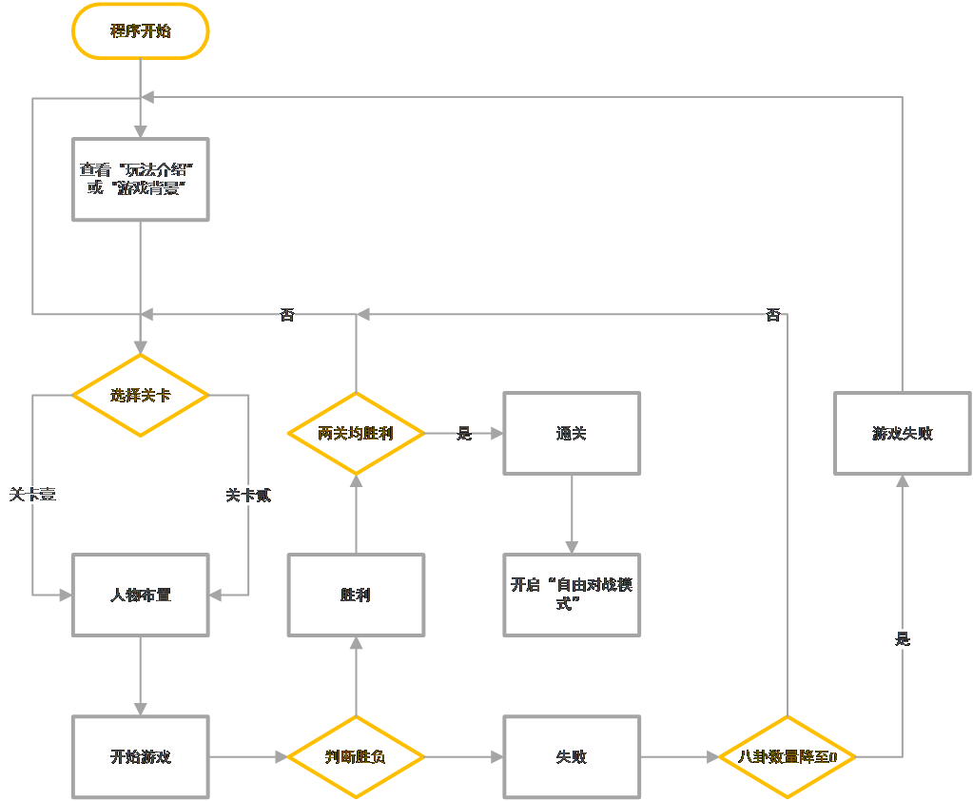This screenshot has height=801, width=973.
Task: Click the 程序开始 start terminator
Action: click(141, 31)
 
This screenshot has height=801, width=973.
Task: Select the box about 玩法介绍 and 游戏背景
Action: click(141, 179)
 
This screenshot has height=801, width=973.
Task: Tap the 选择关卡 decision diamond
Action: click(141, 395)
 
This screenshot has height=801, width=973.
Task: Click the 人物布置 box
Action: click(141, 596)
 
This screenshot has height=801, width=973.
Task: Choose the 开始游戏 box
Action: click(141, 757)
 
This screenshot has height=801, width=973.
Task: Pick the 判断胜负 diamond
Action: click(356, 757)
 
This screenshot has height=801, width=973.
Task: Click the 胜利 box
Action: click(356, 596)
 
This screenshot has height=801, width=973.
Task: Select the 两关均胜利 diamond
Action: click(356, 434)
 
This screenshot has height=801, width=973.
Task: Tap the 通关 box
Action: click(572, 434)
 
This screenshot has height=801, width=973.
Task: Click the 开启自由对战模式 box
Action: click(572, 595)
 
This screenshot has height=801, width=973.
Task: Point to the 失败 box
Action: click(572, 757)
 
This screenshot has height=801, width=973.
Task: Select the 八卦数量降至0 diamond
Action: click(788, 757)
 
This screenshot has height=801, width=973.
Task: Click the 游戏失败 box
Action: click(902, 434)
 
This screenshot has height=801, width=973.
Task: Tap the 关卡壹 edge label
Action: click(33, 496)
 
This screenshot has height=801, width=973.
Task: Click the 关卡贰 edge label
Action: click(248, 496)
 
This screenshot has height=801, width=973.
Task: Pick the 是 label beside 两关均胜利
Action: click(464, 434)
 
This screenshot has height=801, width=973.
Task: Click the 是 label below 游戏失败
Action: click(902, 639)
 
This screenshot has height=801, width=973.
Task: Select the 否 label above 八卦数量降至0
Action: click(772, 315)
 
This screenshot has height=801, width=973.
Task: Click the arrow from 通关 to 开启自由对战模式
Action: click(572, 514)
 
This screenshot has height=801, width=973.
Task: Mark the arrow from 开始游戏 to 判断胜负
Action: click(248, 757)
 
